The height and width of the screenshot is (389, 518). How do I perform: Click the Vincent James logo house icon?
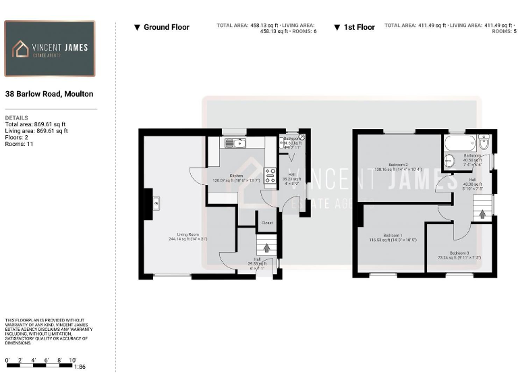coord(22,48)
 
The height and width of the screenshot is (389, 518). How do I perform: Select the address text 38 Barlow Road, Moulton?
coord(49,94)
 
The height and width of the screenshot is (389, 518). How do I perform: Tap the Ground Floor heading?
coord(166,27)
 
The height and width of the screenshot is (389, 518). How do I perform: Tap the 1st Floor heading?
coord(359,27)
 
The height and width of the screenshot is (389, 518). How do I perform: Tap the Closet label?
coord(267,223)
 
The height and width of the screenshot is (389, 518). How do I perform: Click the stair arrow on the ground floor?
coord(267,249)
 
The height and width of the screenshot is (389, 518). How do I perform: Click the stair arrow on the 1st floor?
coord(483,215)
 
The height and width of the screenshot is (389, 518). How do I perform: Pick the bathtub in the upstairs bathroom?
coord(458,142)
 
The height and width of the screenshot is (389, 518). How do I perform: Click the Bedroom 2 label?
coord(398,165)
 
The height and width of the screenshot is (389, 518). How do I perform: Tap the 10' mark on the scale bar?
coord(73,360)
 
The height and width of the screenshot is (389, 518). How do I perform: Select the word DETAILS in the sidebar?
coord(16,118)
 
